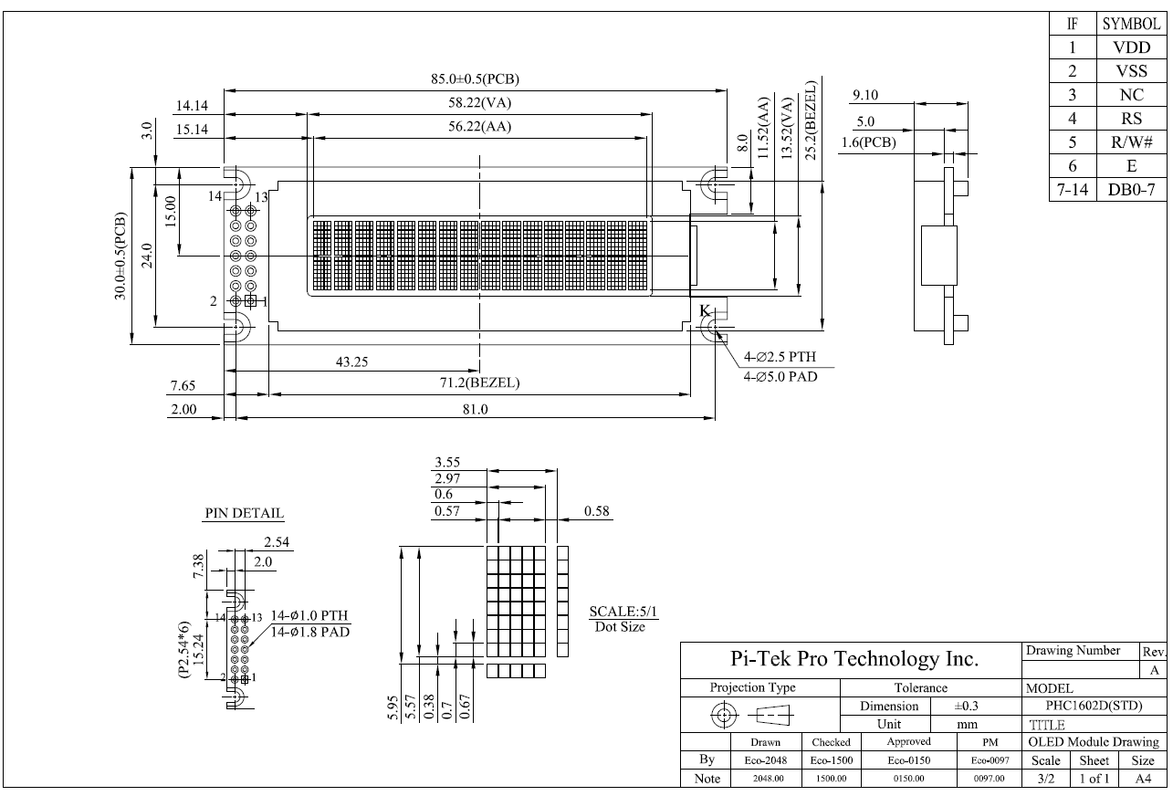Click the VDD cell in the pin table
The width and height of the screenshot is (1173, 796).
[x=1134, y=47]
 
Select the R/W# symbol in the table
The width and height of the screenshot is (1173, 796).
[x=1134, y=142]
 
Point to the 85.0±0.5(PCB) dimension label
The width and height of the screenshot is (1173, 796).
[x=481, y=79]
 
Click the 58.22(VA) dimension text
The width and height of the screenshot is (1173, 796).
[x=481, y=103]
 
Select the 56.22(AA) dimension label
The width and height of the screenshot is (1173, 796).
[x=481, y=127]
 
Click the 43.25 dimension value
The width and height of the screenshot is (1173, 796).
[x=351, y=361]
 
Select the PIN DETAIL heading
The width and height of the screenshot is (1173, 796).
[x=243, y=513]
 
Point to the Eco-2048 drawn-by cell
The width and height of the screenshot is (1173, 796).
[x=753, y=759]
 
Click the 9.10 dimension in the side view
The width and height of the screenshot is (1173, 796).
[x=864, y=95]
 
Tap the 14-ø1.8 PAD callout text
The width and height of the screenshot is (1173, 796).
[x=310, y=632]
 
